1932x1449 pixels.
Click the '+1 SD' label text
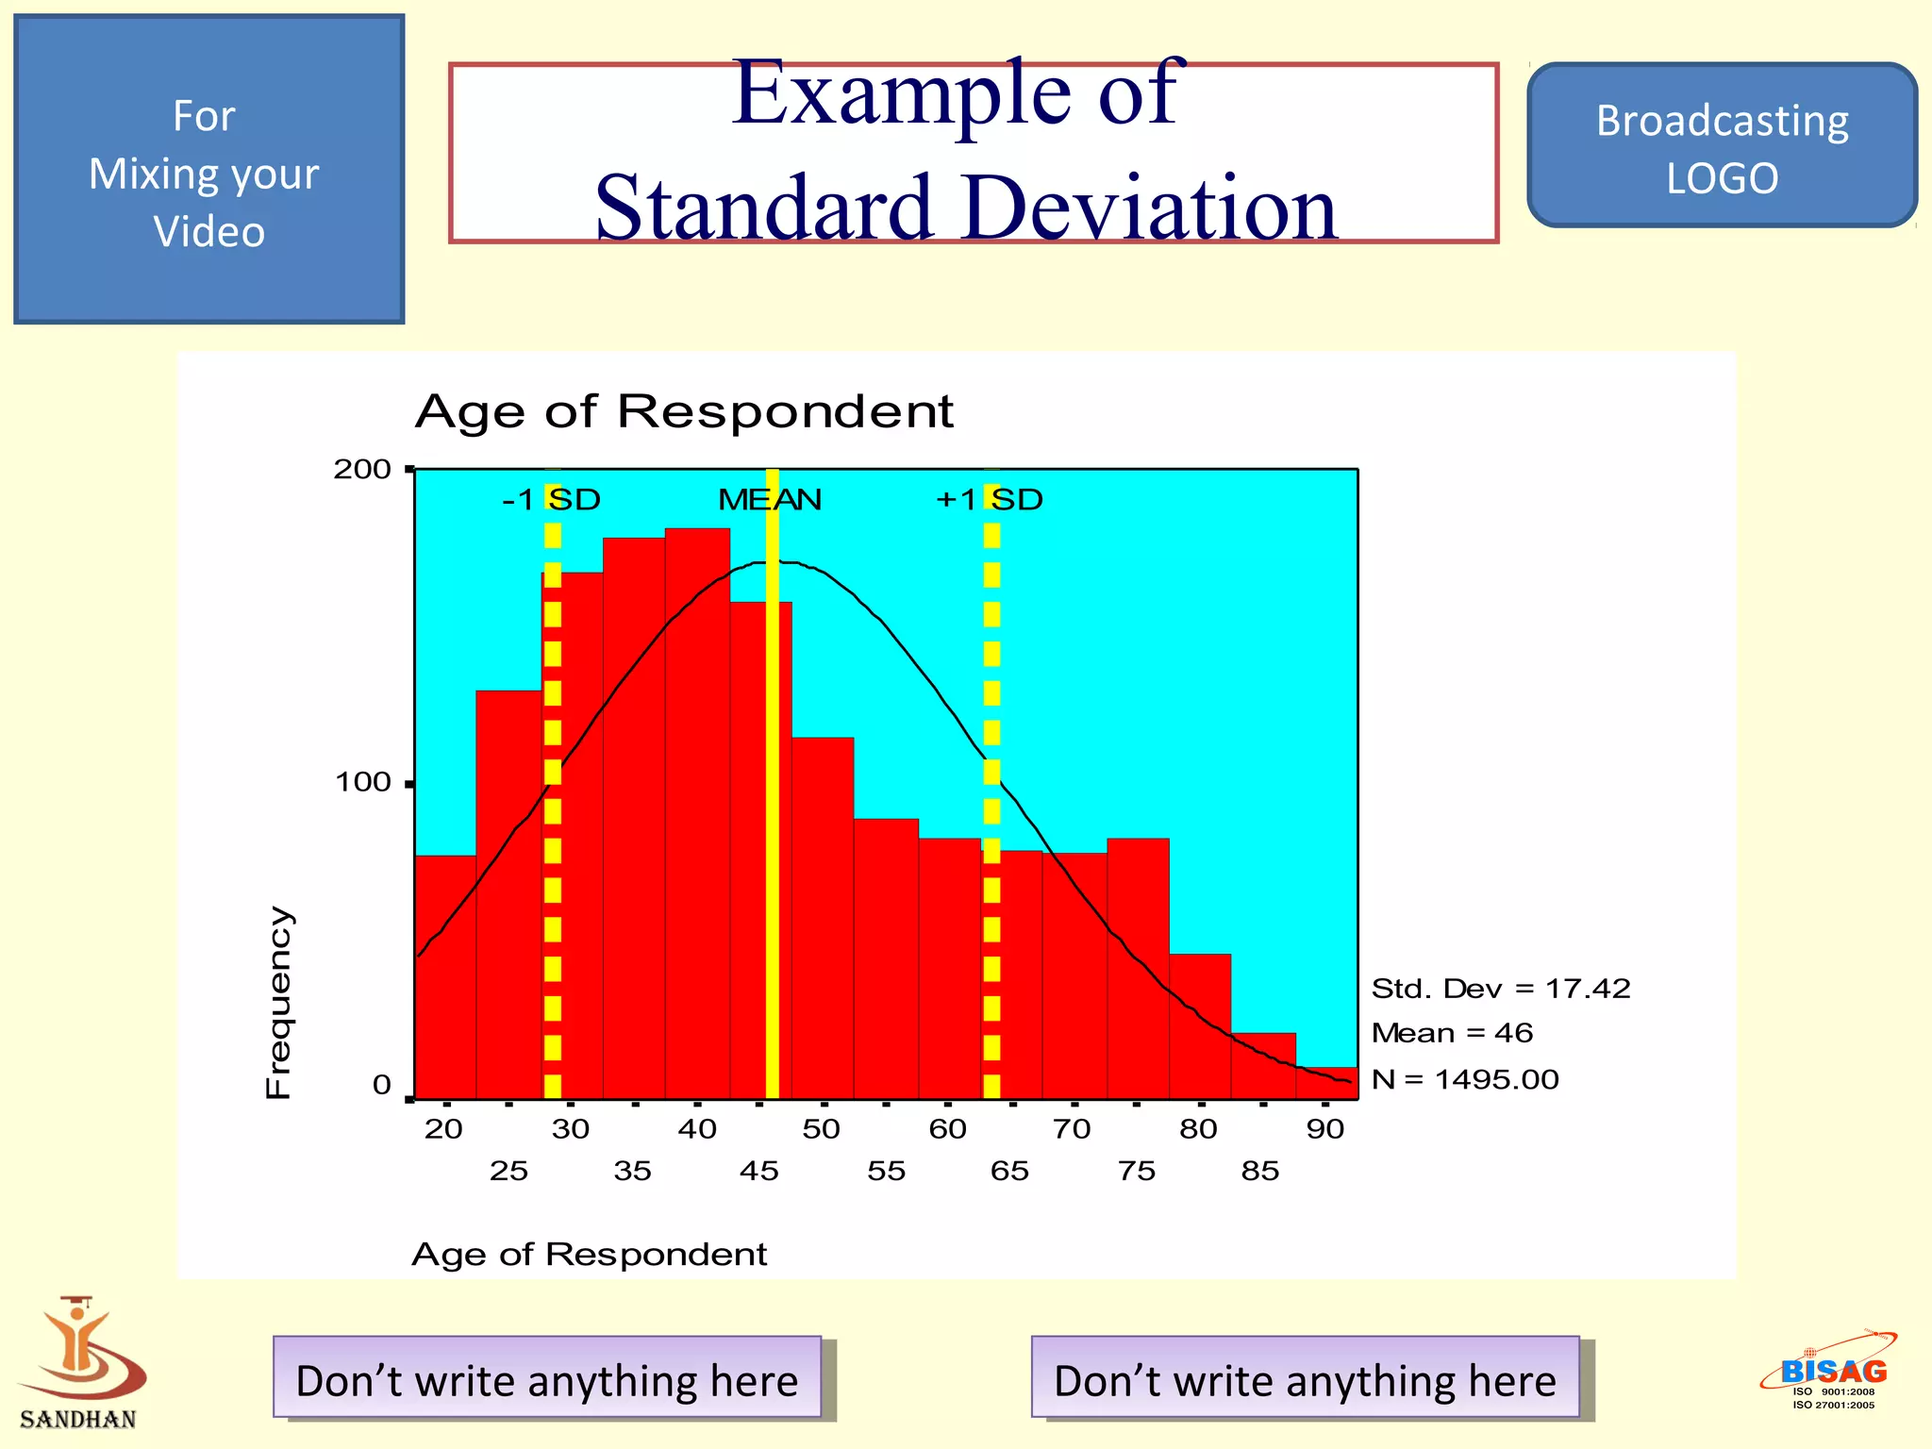(989, 499)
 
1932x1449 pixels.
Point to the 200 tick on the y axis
(362, 469)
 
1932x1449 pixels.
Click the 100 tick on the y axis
(363, 782)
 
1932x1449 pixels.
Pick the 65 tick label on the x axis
(1009, 1171)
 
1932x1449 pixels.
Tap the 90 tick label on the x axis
(1325, 1128)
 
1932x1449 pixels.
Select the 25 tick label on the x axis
(508, 1171)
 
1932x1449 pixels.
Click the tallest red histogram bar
(697, 811)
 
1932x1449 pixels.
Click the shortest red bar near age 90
(1327, 1083)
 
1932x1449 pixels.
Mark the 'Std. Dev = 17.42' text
(1500, 988)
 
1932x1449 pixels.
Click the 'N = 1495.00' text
(1464, 1078)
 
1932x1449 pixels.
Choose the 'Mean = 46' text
(1451, 1033)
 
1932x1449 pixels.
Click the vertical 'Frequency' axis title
(278, 1002)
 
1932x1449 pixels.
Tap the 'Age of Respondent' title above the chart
(684, 411)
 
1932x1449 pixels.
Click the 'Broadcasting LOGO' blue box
(1722, 146)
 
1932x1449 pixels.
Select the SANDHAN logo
(79, 1363)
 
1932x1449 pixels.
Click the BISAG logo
(1830, 1371)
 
